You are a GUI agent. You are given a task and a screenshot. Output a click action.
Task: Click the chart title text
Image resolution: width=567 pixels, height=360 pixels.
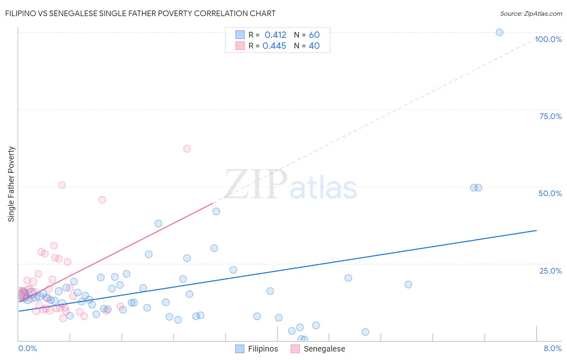140,13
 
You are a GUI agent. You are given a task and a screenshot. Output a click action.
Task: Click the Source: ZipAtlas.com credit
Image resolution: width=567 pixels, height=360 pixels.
531,14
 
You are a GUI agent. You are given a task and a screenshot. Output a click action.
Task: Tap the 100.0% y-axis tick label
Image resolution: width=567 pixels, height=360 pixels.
548,39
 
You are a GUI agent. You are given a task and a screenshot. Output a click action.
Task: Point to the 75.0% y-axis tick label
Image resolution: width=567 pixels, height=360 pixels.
550,116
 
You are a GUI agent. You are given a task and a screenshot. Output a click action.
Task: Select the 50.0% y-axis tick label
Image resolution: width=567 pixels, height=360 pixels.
550,193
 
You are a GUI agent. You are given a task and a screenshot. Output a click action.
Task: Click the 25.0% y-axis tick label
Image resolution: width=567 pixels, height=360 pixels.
550,271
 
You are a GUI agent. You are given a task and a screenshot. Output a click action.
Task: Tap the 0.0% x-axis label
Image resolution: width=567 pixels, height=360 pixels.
27,349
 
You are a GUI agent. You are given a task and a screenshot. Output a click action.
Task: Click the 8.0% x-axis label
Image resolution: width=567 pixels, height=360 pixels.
552,349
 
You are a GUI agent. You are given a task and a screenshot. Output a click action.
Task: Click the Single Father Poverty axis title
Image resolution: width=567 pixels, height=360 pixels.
11,184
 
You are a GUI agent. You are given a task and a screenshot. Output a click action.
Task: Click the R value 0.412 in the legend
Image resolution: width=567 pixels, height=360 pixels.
275,35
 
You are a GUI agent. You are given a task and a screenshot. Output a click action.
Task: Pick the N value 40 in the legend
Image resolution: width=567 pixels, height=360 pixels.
314,46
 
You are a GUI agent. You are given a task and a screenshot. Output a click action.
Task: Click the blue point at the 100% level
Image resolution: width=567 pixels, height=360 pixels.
499,32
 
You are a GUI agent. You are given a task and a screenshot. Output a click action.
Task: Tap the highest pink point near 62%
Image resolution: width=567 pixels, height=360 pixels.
187,149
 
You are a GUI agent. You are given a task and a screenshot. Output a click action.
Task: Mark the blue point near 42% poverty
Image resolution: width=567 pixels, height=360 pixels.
216,211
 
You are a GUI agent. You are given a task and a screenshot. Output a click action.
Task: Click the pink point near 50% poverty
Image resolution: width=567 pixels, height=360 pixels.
62,185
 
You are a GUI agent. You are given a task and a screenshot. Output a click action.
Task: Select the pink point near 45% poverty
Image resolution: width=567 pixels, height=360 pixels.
102,200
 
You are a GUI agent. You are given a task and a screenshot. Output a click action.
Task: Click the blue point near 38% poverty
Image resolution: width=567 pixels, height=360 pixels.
158,224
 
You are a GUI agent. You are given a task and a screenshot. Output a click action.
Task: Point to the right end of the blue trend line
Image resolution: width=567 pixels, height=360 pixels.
536,230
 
